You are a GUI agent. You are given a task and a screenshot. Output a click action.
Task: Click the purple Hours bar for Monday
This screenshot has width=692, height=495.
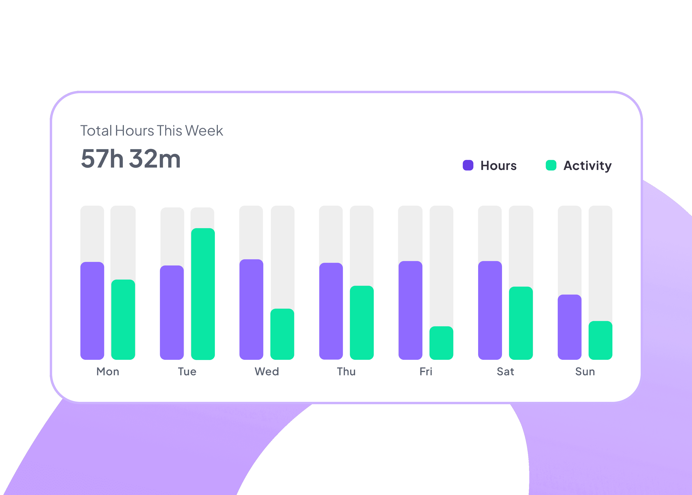[92, 311]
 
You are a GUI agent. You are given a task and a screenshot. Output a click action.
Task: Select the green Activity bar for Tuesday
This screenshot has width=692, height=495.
[203, 294]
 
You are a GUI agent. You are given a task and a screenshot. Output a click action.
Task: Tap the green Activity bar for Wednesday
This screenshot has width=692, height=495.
[282, 334]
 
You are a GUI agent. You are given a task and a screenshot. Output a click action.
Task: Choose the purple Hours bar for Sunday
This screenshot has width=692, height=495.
[569, 327]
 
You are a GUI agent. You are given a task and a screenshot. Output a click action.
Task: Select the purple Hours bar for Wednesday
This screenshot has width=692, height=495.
[251, 309]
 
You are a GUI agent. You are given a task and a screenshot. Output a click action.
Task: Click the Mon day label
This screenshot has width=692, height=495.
[108, 372]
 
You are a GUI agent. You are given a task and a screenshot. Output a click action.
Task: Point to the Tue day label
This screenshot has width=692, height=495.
[187, 372]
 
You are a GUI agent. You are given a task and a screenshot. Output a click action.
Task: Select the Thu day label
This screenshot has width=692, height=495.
[346, 372]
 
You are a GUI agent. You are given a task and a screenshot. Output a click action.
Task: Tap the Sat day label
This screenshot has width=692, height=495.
[505, 372]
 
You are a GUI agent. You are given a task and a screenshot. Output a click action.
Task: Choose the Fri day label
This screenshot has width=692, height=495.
[426, 372]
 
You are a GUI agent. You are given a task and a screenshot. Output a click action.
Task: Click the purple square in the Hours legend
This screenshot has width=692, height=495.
[468, 165]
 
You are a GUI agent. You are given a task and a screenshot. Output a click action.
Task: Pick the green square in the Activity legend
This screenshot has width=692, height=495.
[551, 165]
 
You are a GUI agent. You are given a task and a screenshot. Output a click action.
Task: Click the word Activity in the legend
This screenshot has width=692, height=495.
[587, 166]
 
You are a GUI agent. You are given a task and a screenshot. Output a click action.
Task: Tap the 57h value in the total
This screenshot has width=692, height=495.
[102, 158]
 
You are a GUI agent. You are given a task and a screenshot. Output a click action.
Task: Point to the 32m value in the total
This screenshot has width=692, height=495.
[155, 158]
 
